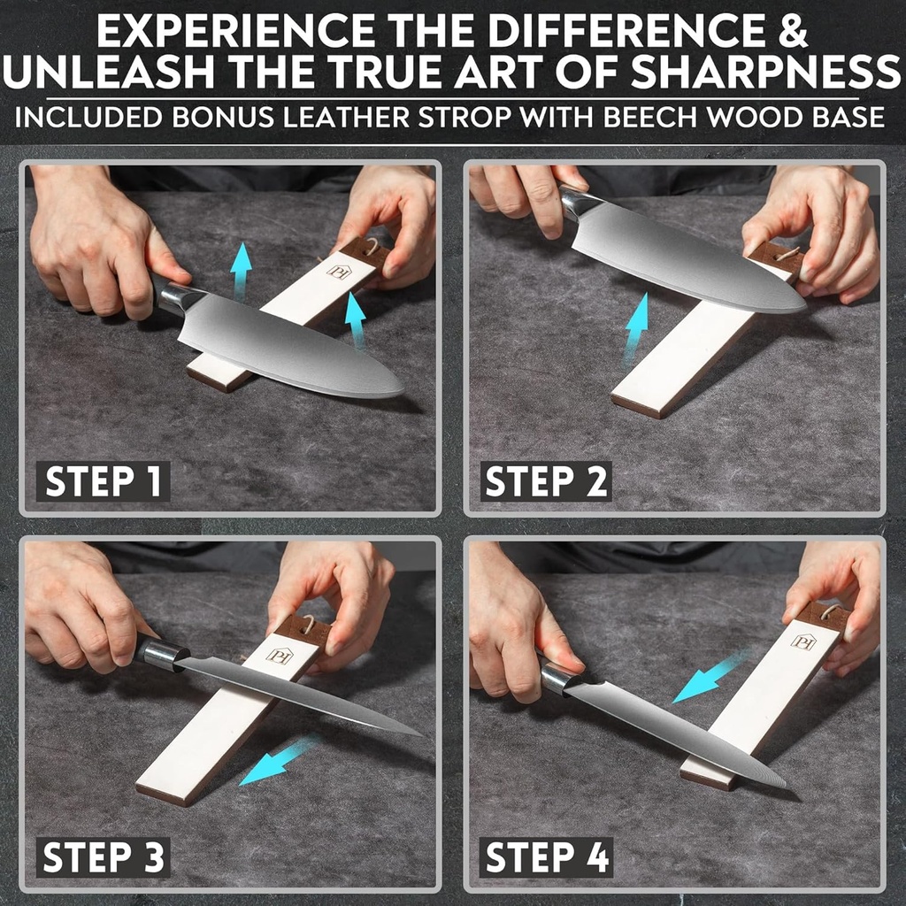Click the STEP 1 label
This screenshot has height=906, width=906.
103,482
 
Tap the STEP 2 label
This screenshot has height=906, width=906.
546,482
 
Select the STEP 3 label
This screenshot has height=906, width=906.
103,857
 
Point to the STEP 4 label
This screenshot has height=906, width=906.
546,857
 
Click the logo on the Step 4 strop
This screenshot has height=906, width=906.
802,640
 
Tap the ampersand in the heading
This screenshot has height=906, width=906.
795,31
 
